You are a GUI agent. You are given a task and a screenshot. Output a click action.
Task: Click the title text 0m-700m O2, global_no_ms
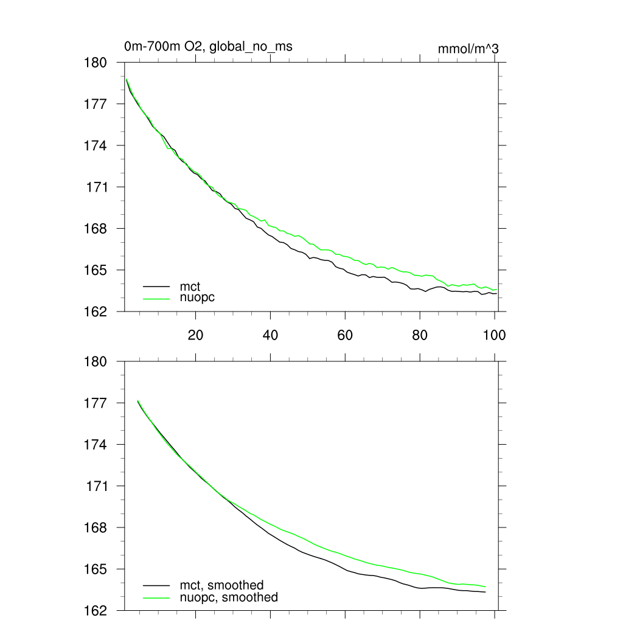[204, 46]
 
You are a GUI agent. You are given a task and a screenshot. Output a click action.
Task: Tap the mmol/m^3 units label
[468, 49]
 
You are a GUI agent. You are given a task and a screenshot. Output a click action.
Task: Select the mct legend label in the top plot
[190, 285]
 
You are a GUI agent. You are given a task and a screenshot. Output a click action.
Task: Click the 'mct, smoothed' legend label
[221, 585]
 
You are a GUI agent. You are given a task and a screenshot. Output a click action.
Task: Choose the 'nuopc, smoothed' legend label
[228, 597]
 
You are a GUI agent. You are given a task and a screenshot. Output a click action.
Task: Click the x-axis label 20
[195, 335]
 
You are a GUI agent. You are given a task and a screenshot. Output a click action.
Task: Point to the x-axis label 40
[270, 335]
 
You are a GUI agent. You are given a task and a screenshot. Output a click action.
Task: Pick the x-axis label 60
[345, 335]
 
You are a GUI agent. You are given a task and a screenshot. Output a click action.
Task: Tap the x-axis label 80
[420, 335]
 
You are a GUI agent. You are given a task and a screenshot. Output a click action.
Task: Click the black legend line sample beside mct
[156, 285]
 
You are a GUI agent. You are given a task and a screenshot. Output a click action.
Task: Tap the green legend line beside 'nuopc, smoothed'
[156, 597]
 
